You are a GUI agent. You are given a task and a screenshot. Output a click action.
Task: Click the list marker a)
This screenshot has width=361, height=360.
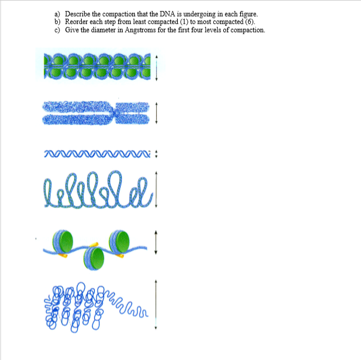[x=58, y=14]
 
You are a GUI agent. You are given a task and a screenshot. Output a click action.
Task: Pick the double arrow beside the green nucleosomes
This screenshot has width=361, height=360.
[x=155, y=242]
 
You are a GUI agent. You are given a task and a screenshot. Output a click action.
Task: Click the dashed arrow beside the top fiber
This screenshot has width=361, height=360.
[x=156, y=66]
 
